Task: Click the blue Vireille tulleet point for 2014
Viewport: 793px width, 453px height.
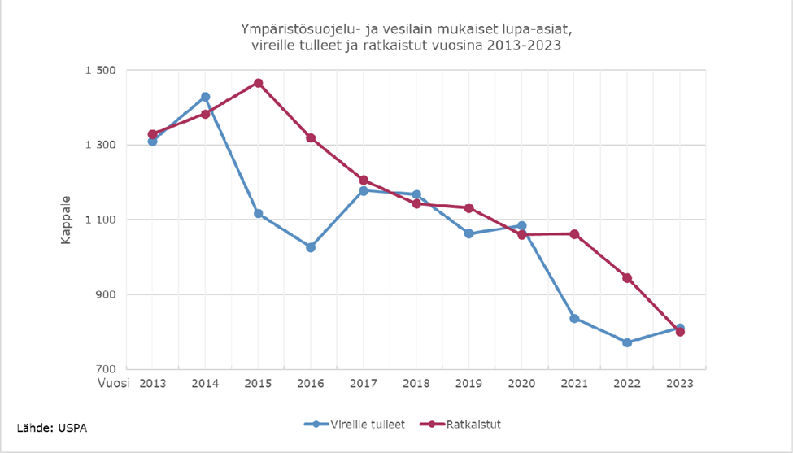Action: [x=205, y=97]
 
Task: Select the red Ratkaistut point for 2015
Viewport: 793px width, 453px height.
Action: [x=258, y=83]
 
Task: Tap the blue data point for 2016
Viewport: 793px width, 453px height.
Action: [x=311, y=247]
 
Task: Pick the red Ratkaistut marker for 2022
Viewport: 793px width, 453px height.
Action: [x=627, y=278]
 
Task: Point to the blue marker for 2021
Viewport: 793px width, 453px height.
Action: [x=574, y=318]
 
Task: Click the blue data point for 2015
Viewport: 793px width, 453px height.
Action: [x=258, y=213]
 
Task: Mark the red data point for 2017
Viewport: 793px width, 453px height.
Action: [x=364, y=180]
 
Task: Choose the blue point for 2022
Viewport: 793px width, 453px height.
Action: [x=627, y=342]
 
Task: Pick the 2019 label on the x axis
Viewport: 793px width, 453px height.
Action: [x=468, y=383]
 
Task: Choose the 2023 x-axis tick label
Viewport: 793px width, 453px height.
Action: [x=680, y=383]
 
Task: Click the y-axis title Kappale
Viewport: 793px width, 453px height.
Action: [x=68, y=220]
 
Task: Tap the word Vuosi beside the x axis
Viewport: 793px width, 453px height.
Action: [x=114, y=383]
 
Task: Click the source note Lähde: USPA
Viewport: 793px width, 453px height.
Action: [x=52, y=428]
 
